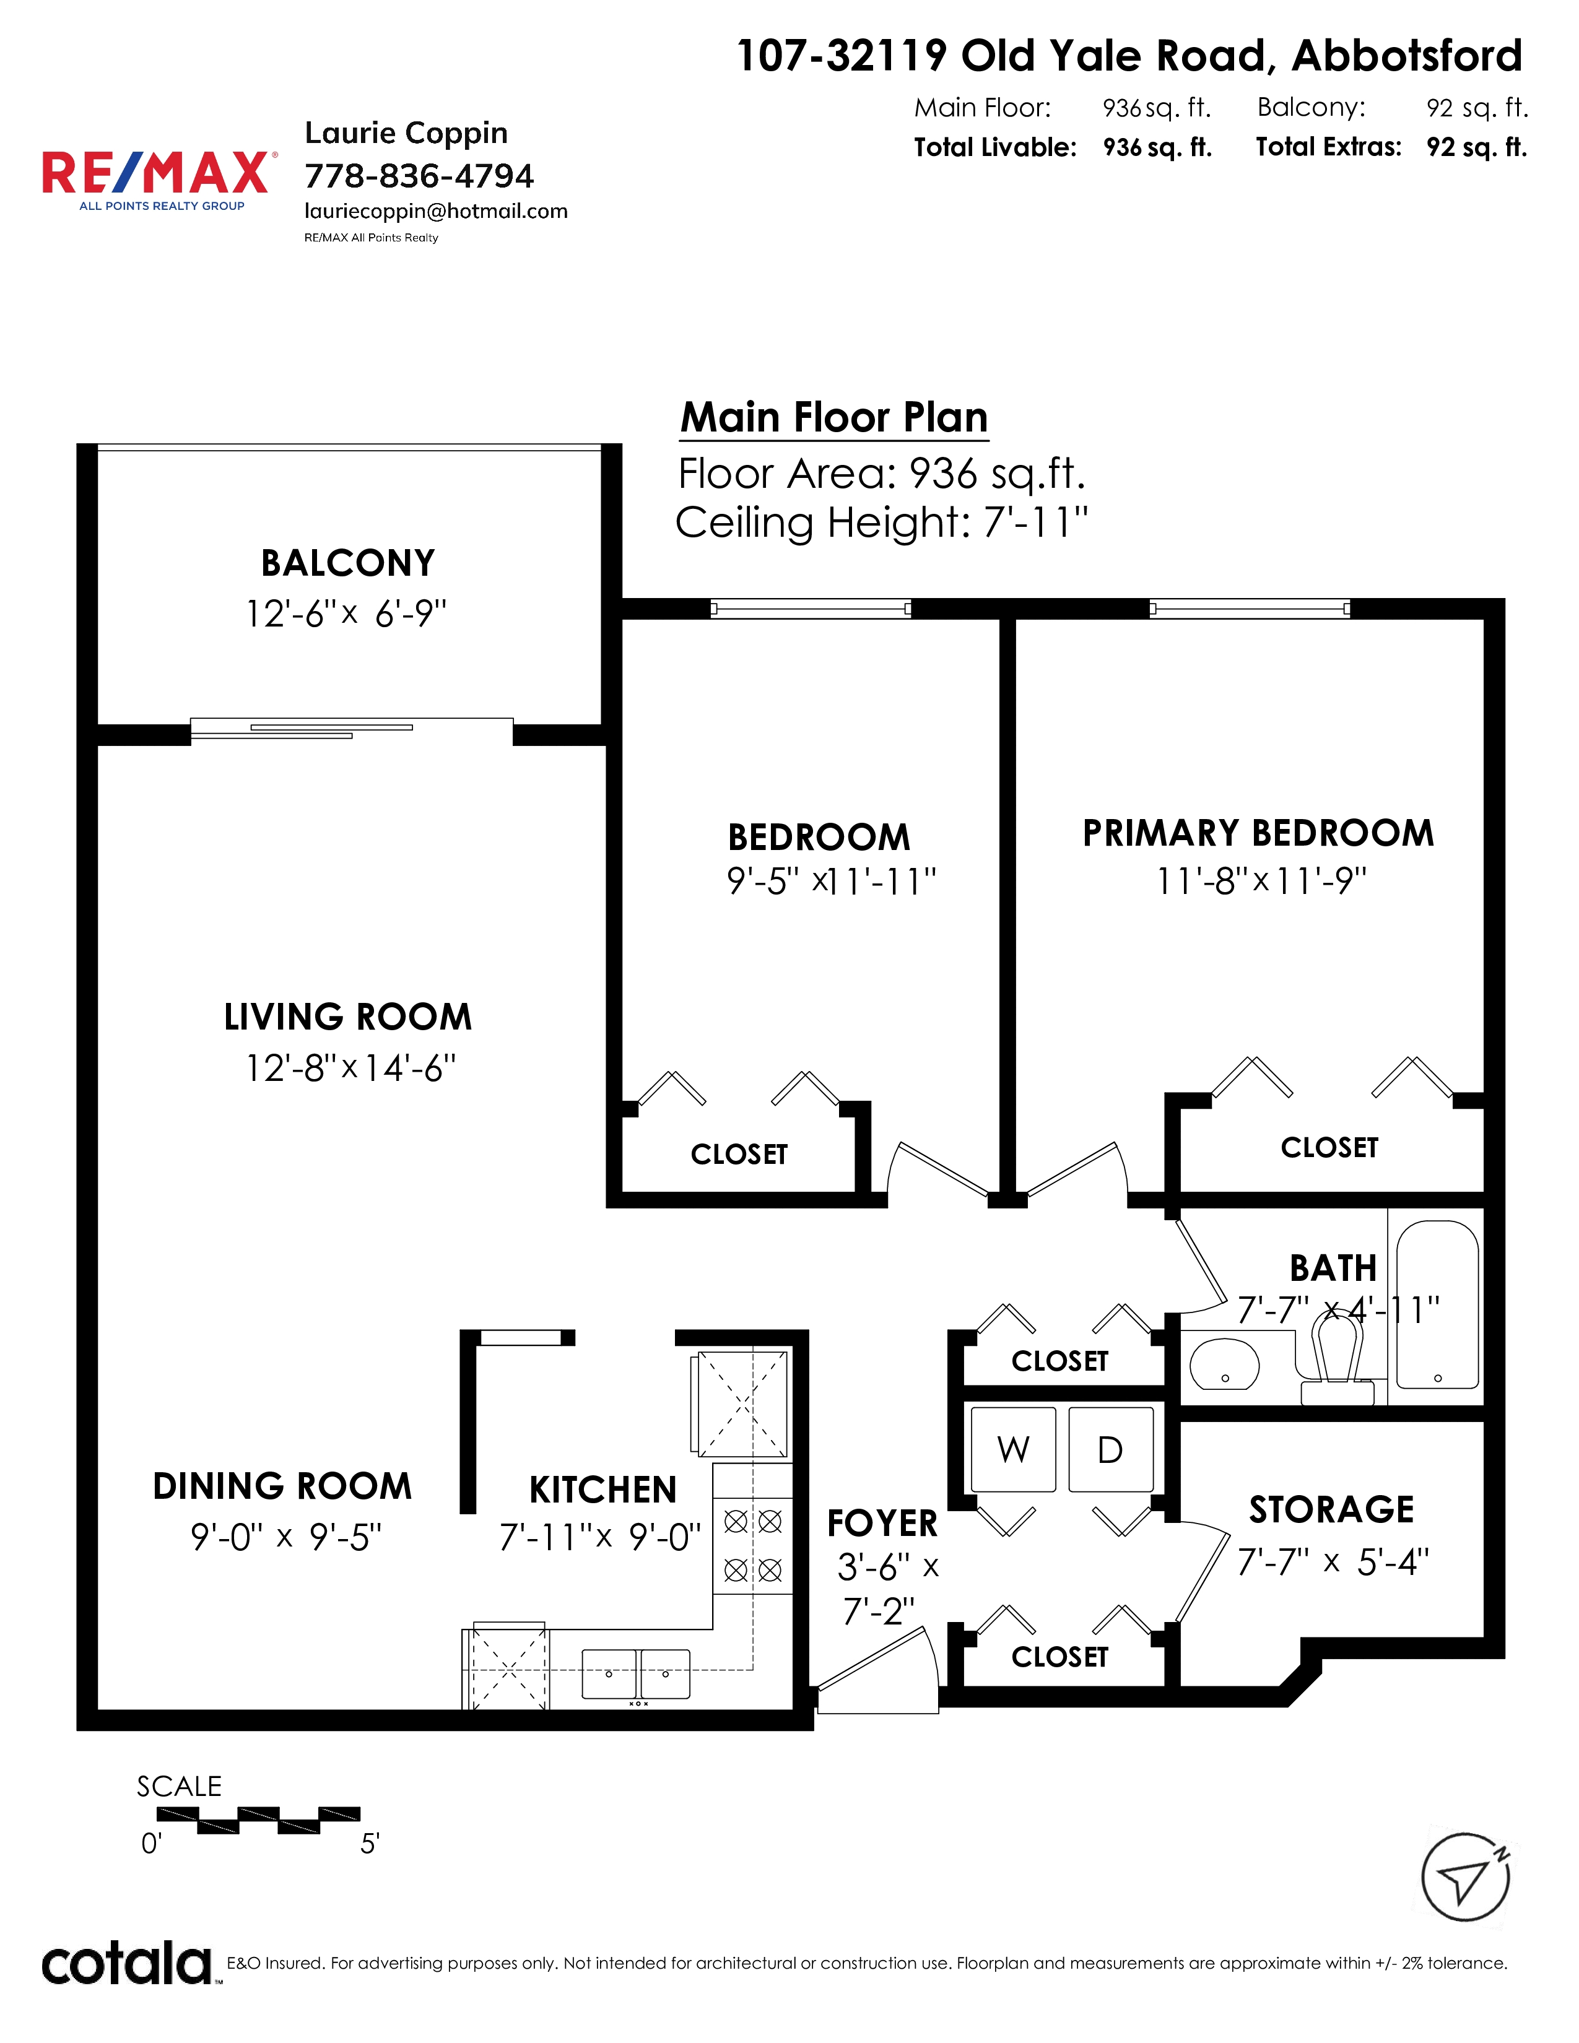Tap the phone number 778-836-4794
(419, 175)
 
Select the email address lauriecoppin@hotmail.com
(436, 211)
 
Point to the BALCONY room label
(348, 563)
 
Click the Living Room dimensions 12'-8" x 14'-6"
(350, 1067)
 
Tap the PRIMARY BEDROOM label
(1258, 833)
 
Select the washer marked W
(1013, 1449)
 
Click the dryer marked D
(1110, 1449)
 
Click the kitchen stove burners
(753, 1545)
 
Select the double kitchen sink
(636, 1673)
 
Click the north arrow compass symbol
(1466, 1876)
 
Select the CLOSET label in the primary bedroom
(1329, 1148)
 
